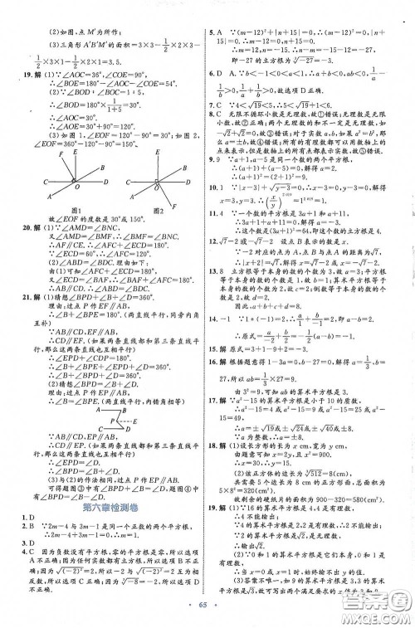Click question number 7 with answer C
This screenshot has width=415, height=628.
[x=217, y=105]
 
